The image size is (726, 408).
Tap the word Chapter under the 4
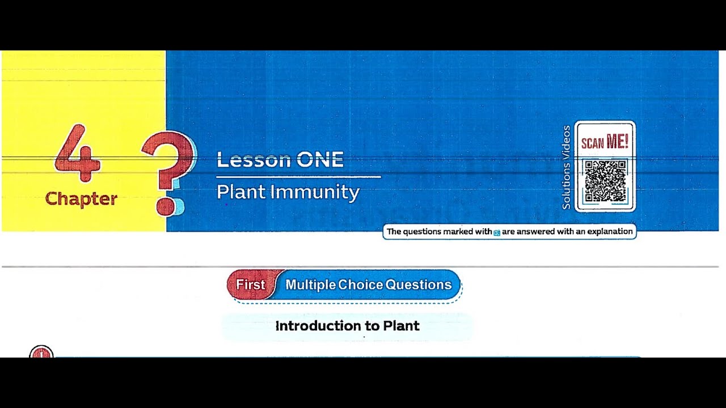(x=81, y=199)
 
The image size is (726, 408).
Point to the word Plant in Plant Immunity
(x=241, y=192)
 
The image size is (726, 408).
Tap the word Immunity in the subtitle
(x=315, y=193)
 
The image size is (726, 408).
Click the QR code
(x=605, y=181)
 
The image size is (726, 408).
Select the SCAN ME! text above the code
(x=605, y=142)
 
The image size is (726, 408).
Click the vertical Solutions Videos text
(x=566, y=168)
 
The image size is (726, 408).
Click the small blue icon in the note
(x=497, y=232)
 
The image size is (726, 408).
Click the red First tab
(x=250, y=284)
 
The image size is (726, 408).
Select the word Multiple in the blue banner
(x=310, y=284)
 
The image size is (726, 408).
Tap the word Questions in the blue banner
(x=418, y=284)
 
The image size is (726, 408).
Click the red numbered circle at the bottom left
(x=41, y=352)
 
